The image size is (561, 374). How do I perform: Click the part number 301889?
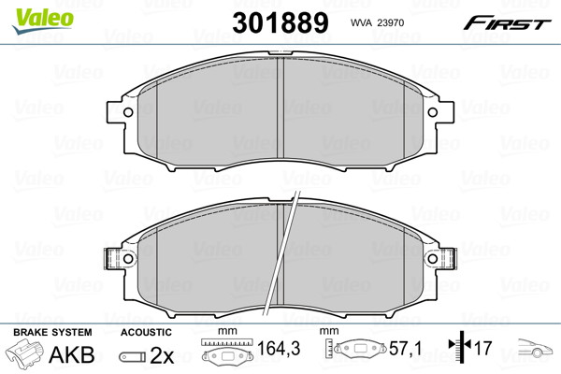tap(280, 22)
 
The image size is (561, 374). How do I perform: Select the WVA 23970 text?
tap(377, 22)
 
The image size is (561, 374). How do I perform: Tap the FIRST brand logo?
tap(507, 23)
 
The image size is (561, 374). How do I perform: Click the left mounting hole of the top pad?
tap(128, 112)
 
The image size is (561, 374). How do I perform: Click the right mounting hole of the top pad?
tap(433, 112)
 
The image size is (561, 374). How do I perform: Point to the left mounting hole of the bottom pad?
tap(128, 258)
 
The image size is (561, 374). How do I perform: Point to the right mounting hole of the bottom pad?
tap(433, 258)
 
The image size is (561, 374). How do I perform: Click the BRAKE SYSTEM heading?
tap(52, 332)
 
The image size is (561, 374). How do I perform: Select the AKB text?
tap(72, 354)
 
